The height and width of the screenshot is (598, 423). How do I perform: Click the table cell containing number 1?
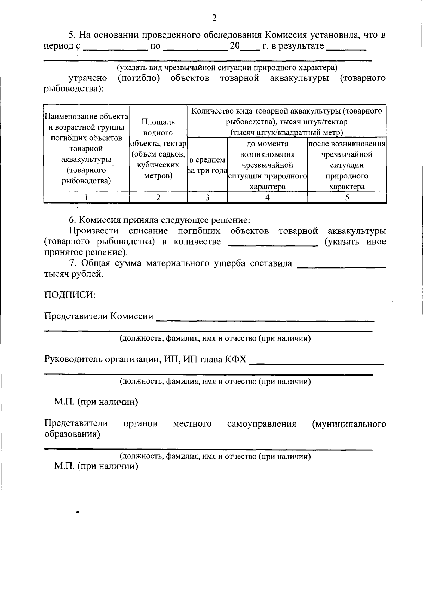(86, 197)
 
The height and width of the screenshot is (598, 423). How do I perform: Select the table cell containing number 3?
(207, 197)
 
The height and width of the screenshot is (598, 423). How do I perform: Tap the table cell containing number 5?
(347, 197)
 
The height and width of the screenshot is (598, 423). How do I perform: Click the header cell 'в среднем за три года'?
(207, 165)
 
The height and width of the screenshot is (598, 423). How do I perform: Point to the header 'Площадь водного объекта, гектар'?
(158, 148)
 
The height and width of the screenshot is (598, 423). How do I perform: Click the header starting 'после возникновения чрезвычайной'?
(347, 165)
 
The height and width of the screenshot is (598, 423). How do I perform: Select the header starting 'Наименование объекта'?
(86, 148)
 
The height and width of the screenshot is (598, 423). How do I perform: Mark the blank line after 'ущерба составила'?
(342, 266)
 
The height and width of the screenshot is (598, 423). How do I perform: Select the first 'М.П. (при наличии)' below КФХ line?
(96, 402)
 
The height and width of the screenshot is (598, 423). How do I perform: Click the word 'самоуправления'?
(262, 423)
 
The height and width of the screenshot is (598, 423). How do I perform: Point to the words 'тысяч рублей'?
(74, 274)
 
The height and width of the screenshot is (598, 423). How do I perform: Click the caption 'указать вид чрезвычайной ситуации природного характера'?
(227, 67)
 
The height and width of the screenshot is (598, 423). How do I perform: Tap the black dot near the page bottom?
(77, 512)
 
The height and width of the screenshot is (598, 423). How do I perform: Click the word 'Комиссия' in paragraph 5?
(286, 35)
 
